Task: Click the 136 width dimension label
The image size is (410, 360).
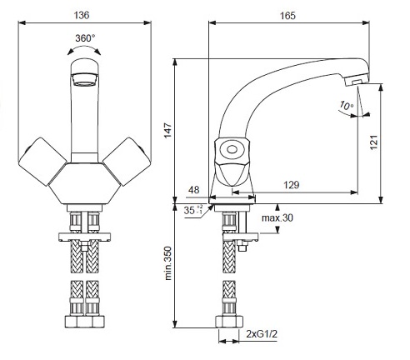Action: point(82,15)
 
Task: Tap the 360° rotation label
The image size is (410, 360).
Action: point(85,37)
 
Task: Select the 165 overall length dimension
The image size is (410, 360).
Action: point(287,16)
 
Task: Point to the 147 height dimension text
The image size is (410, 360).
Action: point(168,130)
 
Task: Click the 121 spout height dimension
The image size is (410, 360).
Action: point(374,142)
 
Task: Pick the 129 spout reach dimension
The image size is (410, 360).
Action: point(291,185)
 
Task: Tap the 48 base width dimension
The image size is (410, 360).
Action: point(193,190)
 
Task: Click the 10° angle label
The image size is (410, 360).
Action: point(347,106)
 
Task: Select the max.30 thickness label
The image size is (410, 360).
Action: point(277,217)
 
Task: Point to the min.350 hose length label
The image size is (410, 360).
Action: point(168,263)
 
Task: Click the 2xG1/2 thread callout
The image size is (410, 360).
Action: point(262,333)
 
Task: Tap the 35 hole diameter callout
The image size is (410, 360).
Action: point(192,210)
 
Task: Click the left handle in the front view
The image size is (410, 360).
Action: point(42,162)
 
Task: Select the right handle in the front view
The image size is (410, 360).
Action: point(127,162)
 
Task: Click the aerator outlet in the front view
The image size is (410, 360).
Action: point(84,79)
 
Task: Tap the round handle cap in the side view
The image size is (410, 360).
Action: point(231,150)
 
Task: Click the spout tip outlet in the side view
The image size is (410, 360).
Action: point(356,82)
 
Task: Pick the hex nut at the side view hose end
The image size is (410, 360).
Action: point(229,322)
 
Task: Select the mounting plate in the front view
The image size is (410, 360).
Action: point(84,237)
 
